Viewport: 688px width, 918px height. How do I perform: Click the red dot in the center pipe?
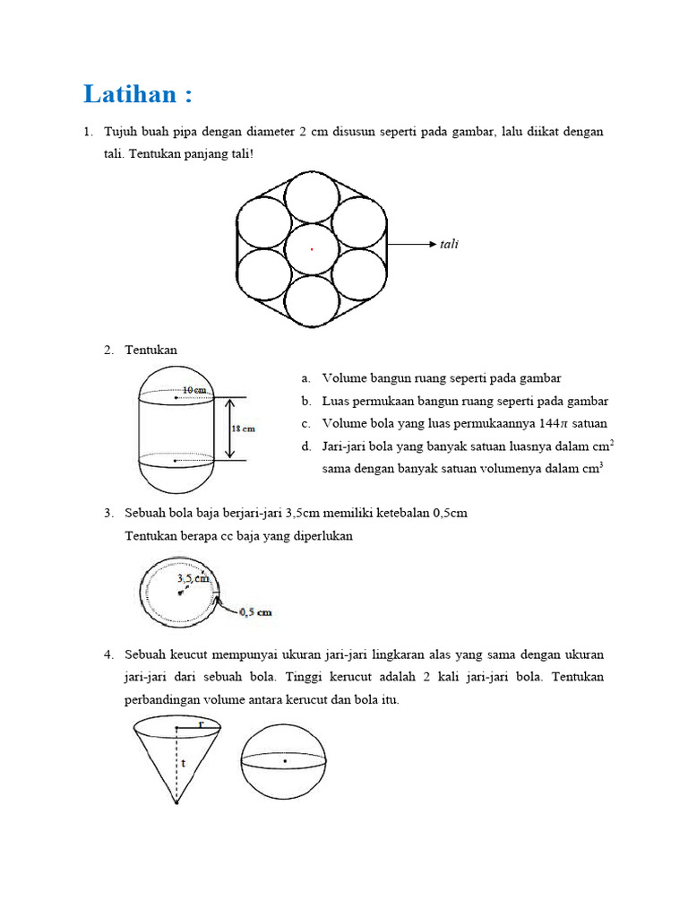312,249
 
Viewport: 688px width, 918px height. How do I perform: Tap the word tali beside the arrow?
449,244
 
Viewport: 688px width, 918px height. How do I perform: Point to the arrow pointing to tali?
413,244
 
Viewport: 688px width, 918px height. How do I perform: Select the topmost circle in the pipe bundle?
311,197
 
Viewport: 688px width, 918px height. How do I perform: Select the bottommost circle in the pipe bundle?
311,302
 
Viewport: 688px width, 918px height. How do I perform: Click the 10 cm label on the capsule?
195,390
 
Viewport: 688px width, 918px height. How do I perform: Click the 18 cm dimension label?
244,429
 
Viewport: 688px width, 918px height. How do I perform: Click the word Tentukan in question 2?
151,351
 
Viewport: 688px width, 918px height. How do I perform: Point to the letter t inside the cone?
183,764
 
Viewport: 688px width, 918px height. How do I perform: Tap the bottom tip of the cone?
176,802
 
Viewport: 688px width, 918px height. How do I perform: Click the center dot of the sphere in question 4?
285,760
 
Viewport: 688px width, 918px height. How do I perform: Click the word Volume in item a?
344,378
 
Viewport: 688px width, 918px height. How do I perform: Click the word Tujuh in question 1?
121,132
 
